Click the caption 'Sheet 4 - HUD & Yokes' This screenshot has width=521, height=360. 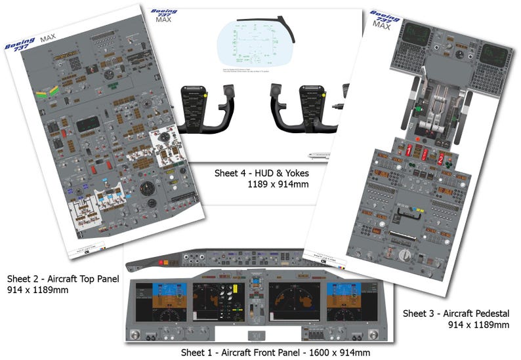tap(261, 174)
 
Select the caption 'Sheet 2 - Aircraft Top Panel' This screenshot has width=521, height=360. tap(63, 278)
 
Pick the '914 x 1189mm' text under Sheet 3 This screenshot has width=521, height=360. tap(478, 325)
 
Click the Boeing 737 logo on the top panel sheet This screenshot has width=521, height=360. tap(19, 45)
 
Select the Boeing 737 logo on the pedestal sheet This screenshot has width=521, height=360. tap(384, 18)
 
